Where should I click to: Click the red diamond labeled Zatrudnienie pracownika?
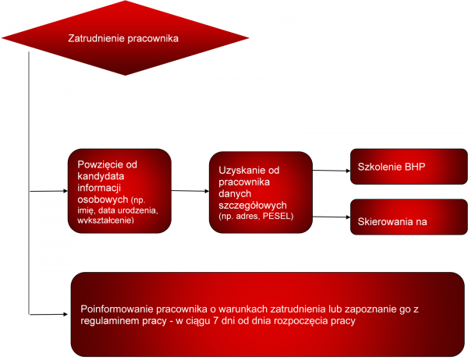pos(126,38)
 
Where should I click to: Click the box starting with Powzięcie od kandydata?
pos(119,191)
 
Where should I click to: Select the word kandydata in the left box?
pos(101,176)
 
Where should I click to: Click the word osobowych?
pos(103,199)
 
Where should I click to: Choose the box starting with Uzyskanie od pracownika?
pos(261,192)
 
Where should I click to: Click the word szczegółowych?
pos(253,206)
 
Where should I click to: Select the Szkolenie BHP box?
pos(409,167)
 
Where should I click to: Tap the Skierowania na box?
pos(409,217)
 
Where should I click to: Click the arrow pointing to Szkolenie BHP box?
pos(331,171)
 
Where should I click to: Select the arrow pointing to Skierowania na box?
pos(331,217)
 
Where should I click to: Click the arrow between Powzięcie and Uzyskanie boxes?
pos(190,191)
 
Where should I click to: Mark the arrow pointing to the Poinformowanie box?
pos(48,314)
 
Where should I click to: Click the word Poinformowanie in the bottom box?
pos(117,309)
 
